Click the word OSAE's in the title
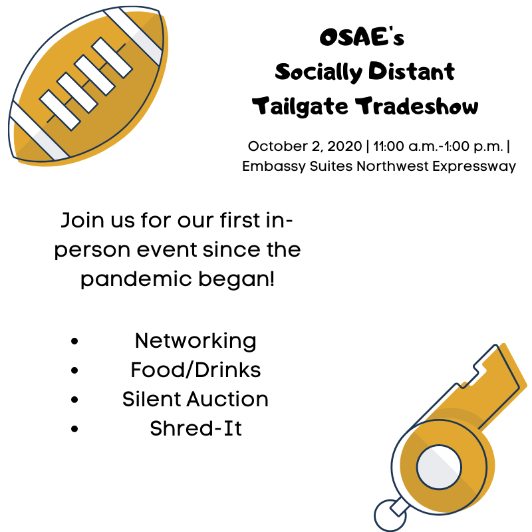pyautogui.click(x=362, y=37)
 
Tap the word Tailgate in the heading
pyautogui.click(x=300, y=106)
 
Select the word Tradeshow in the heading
pyautogui.click(x=417, y=106)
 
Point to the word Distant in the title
pyautogui.click(x=412, y=72)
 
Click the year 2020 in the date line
pyautogui.click(x=344, y=146)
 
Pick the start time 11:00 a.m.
pyautogui.click(x=404, y=146)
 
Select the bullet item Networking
pyautogui.click(x=196, y=341)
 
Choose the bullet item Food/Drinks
pyautogui.click(x=196, y=370)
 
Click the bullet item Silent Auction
pyautogui.click(x=195, y=399)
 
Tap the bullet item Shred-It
pyautogui.click(x=196, y=428)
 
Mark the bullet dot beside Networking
pyautogui.click(x=74, y=341)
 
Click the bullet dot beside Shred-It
pyautogui.click(x=74, y=429)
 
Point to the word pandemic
pyautogui.click(x=136, y=279)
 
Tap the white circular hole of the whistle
pyautogui.click(x=439, y=467)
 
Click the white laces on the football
pyautogui.click(x=86, y=84)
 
